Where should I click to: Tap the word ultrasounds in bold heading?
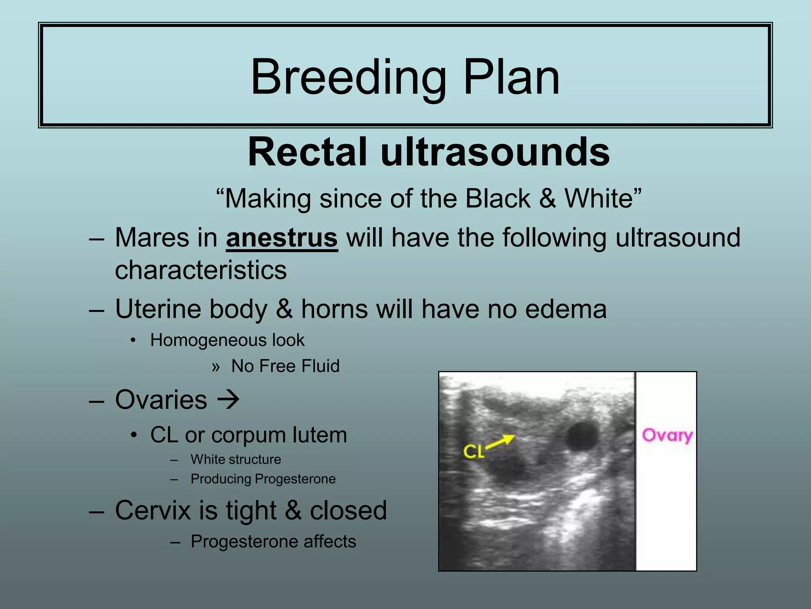tap(495, 152)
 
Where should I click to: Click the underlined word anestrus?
tap(282, 238)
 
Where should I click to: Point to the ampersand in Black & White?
tap(547, 198)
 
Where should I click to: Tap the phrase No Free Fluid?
tap(285, 366)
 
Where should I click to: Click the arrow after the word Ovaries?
tap(228, 400)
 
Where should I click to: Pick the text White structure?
tap(236, 460)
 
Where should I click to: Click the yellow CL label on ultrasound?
tap(473, 451)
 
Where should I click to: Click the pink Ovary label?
tap(667, 435)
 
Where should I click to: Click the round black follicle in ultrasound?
tap(581, 436)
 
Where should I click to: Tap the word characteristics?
tap(201, 270)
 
